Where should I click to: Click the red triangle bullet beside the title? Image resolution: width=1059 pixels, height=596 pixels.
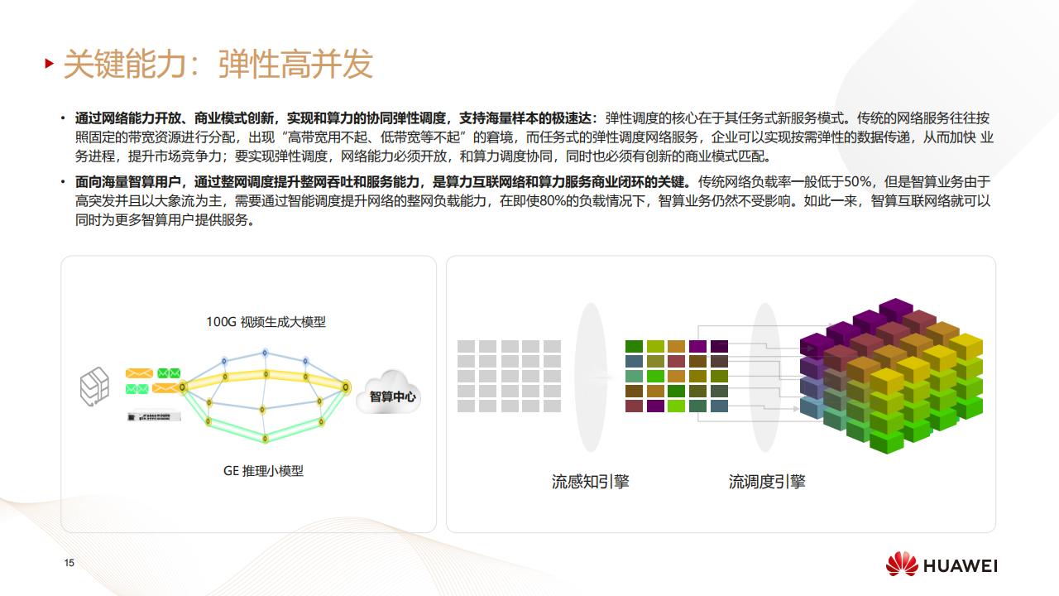coord(49,64)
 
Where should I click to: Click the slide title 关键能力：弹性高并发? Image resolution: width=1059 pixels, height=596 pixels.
coord(218,64)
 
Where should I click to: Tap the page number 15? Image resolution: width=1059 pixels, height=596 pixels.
coord(69,562)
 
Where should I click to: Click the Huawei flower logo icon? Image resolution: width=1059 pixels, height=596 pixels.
coord(902,565)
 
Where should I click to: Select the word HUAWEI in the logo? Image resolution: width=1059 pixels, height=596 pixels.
coord(961,565)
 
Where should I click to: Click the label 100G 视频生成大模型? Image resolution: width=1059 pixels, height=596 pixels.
coord(266,322)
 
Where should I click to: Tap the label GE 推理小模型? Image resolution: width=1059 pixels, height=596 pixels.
coord(263,471)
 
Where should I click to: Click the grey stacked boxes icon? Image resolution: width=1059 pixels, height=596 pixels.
coord(94,387)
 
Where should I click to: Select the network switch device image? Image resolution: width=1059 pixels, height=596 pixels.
coord(154,416)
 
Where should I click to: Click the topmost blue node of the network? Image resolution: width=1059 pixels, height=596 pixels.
coord(266,353)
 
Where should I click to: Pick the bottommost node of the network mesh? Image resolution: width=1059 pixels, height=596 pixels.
coord(266,439)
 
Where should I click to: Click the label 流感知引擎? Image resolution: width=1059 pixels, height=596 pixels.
coord(591,482)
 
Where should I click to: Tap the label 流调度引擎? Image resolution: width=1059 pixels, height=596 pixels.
coord(767,482)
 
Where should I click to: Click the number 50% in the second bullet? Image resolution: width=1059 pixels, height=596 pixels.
coord(858,181)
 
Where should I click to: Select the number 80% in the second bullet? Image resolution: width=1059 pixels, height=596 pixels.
coord(553,201)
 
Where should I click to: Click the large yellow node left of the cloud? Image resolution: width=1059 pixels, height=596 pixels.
coord(346,387)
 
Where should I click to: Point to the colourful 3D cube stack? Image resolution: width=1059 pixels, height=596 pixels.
coord(891,376)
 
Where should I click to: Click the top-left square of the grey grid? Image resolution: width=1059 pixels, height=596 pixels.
coord(466,346)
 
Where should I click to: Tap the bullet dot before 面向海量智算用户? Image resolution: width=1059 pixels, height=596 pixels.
coord(63,181)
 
